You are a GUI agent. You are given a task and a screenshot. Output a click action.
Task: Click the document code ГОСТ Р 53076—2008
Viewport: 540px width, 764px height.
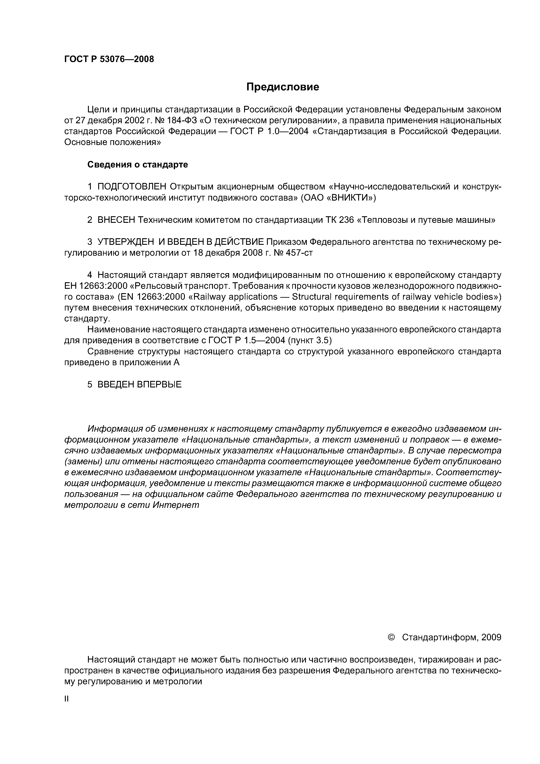pyautogui.click(x=109, y=59)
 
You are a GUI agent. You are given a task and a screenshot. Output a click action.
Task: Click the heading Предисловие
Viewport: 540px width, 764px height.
pyautogui.click(x=282, y=87)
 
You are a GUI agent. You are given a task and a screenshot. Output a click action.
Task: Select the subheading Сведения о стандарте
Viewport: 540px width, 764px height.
pyautogui.click(x=137, y=165)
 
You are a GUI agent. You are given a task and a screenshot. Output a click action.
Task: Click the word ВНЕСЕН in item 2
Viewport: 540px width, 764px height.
pyautogui.click(x=116, y=220)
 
